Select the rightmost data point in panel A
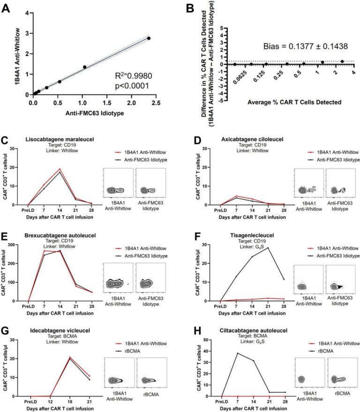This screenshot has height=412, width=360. click(x=149, y=38)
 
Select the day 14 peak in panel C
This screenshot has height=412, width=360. click(x=60, y=169)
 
